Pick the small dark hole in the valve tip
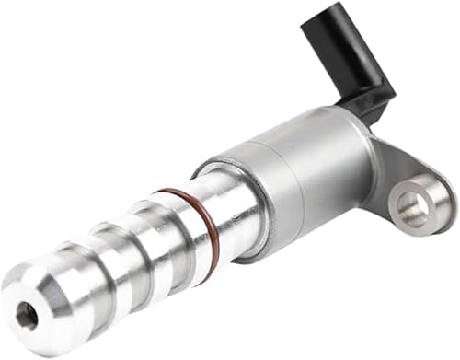[27, 316]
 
